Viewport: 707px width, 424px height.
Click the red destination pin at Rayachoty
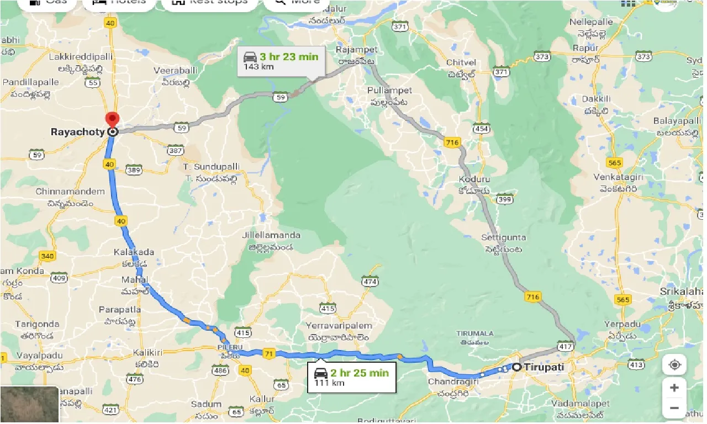point(113,119)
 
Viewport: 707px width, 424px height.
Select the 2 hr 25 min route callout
point(352,377)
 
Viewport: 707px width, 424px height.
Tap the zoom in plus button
point(674,388)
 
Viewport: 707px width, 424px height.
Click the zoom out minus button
point(674,409)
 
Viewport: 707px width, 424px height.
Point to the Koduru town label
point(474,179)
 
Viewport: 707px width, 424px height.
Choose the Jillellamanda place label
point(271,235)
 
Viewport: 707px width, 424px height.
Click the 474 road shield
point(371,282)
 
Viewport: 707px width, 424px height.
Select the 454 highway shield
point(481,129)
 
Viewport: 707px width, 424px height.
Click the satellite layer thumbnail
point(29,405)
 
